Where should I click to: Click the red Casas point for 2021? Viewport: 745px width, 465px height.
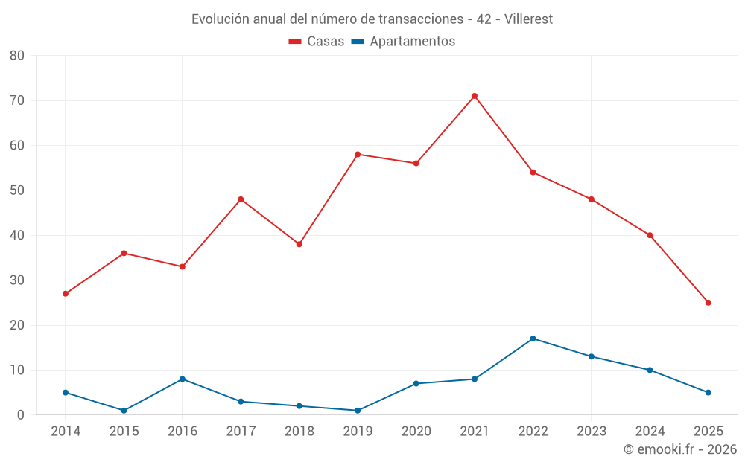475,96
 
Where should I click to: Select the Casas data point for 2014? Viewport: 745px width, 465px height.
66,294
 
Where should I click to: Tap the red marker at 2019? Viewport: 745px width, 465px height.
358,155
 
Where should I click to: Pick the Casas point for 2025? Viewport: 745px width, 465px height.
708,303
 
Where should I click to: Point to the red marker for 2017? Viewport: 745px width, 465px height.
241,199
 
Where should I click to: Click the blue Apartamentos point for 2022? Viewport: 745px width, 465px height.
533,339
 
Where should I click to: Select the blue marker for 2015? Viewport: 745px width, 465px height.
124,411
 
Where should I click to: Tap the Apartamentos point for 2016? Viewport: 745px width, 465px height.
183,379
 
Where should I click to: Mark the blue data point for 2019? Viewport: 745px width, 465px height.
358,411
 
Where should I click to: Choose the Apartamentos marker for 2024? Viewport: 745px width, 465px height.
650,371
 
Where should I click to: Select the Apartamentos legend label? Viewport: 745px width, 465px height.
412,42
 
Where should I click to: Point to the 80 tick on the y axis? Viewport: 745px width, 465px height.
17,56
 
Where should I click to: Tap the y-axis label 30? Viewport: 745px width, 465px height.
17,280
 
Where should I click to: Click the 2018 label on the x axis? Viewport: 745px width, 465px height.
299,432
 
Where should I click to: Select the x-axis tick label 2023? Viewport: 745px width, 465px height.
592,432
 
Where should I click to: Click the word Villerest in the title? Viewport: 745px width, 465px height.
528,19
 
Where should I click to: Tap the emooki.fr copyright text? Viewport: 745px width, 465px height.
680,449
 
